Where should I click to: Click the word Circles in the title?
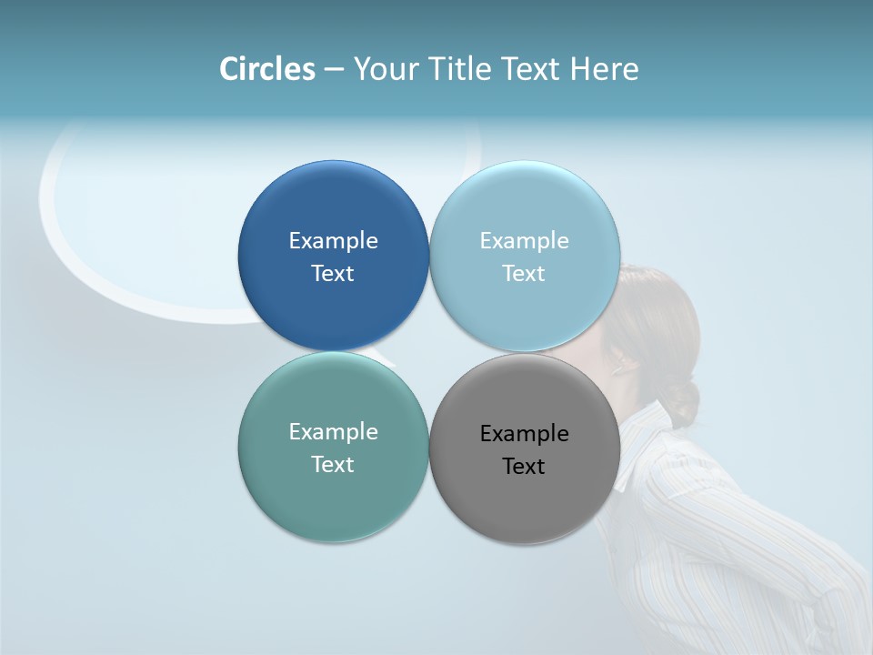267,69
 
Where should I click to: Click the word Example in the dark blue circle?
333,240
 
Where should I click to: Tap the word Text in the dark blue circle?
333,273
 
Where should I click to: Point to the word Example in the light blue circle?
524,240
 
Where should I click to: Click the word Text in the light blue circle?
524,273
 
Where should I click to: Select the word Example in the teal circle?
333,431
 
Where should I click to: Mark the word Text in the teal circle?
333,464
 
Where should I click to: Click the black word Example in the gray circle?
524,433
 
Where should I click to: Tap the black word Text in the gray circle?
524,466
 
